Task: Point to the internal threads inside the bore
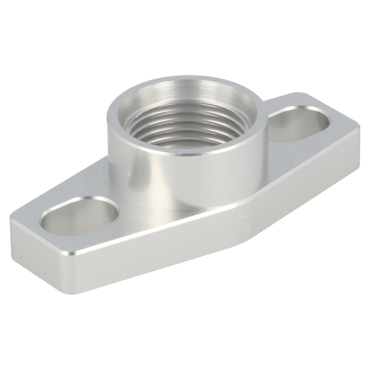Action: coord(190,128)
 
